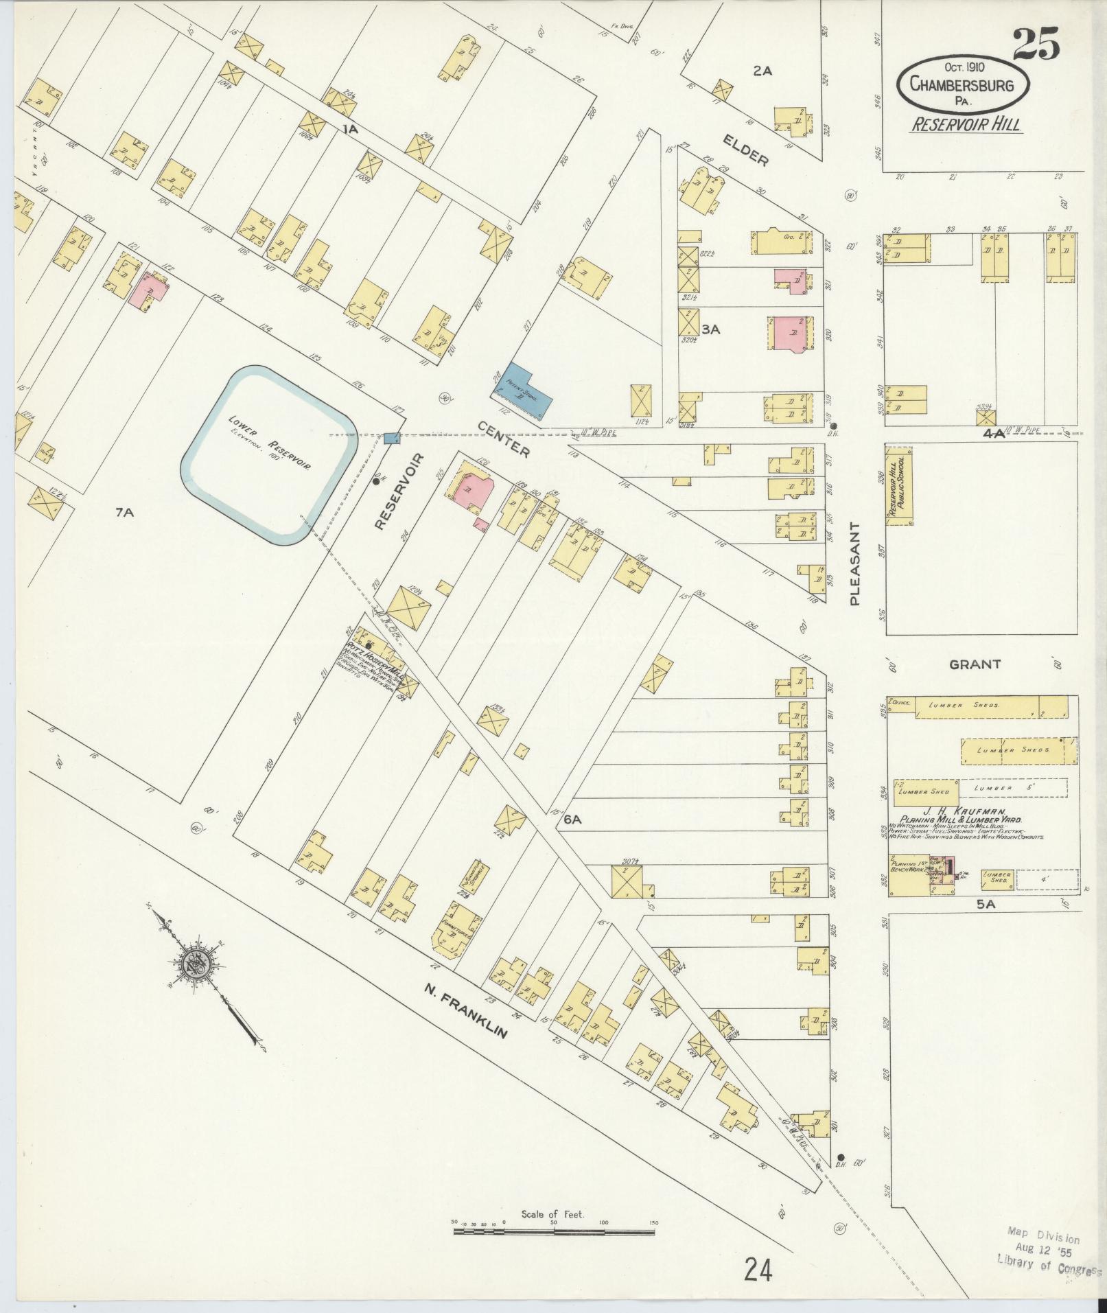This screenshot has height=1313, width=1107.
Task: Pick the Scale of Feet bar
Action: point(553,751)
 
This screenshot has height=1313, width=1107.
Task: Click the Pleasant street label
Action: point(854,563)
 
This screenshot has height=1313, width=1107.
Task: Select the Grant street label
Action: point(975,664)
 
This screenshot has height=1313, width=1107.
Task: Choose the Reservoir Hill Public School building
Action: point(898,486)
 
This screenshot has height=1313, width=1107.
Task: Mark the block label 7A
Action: point(124,511)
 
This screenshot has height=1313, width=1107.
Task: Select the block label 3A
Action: point(710,329)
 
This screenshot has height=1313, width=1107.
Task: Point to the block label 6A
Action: point(573,819)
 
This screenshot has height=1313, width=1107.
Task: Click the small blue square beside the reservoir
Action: point(391,438)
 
